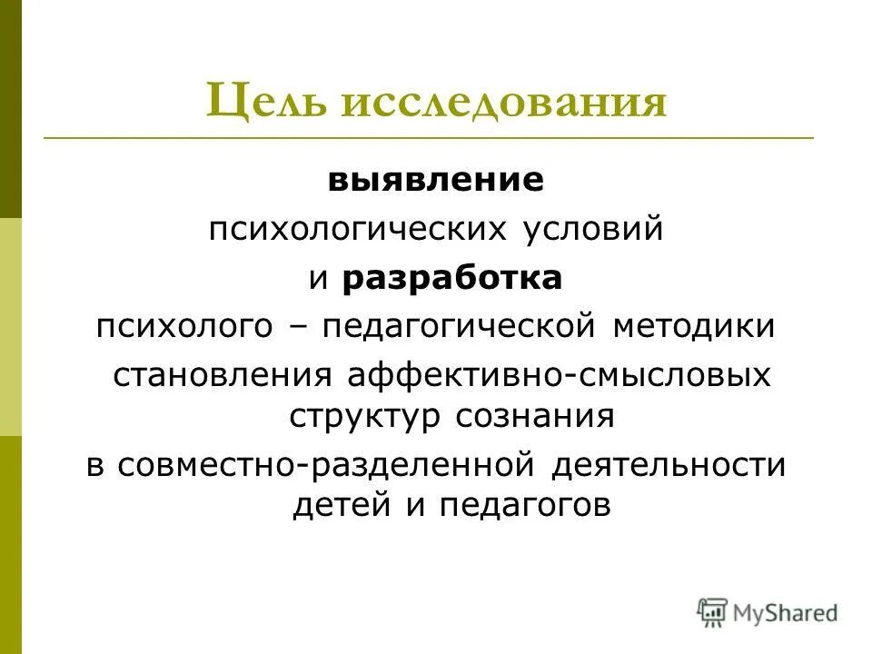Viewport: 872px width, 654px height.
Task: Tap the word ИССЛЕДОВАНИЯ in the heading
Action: click(x=504, y=104)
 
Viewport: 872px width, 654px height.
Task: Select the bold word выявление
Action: click(x=436, y=179)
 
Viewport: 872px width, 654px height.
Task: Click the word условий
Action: click(x=592, y=229)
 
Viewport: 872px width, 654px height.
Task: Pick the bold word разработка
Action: click(x=452, y=278)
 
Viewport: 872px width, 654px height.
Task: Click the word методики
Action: click(x=694, y=325)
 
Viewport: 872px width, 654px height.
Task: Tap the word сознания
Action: click(x=536, y=415)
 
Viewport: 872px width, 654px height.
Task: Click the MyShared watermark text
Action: click(x=786, y=613)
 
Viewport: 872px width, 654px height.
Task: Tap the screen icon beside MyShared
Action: click(x=713, y=612)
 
